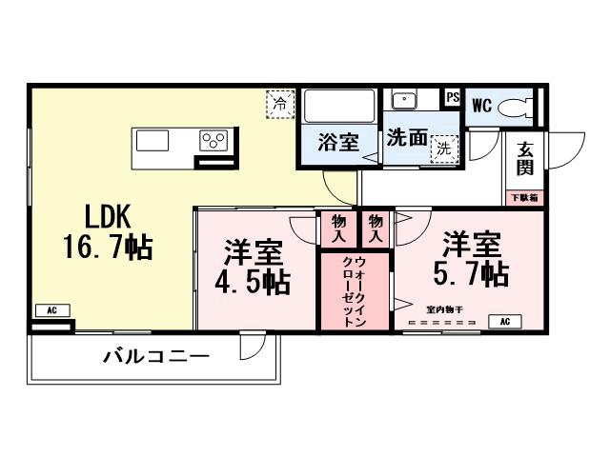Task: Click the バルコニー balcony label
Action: (x=155, y=359)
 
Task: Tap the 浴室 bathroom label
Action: (x=338, y=143)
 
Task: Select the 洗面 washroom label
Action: (x=407, y=136)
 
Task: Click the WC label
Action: (x=480, y=106)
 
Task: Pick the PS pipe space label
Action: (x=453, y=96)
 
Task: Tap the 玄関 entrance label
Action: (x=525, y=158)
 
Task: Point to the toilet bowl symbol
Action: (x=518, y=105)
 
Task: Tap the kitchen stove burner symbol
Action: (x=213, y=141)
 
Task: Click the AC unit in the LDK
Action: (x=51, y=310)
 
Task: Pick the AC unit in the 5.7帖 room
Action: (x=504, y=322)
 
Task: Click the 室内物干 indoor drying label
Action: (x=445, y=309)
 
